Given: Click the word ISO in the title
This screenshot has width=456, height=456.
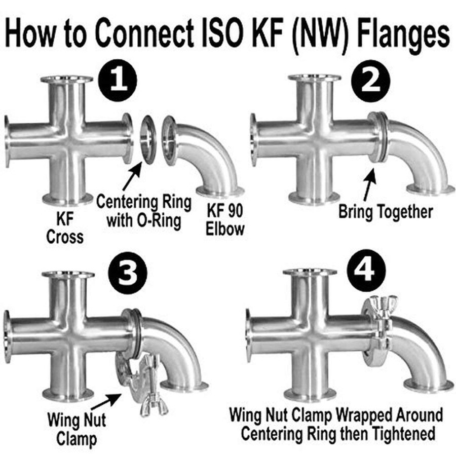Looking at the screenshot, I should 235,32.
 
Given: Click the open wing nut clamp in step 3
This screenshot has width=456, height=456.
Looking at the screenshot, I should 134,380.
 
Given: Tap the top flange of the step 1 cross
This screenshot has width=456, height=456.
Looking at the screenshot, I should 67,80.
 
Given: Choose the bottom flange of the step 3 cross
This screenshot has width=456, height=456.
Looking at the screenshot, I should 67,394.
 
